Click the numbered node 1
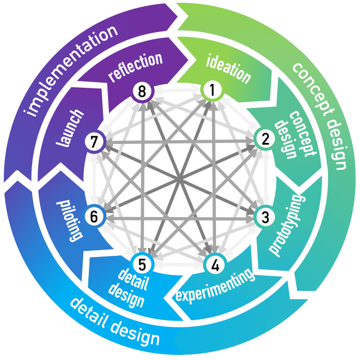[211, 89]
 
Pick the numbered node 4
[213, 262]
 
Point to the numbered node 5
[141, 262]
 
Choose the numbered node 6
[93, 214]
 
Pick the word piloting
[66, 218]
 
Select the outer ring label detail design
[115, 321]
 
